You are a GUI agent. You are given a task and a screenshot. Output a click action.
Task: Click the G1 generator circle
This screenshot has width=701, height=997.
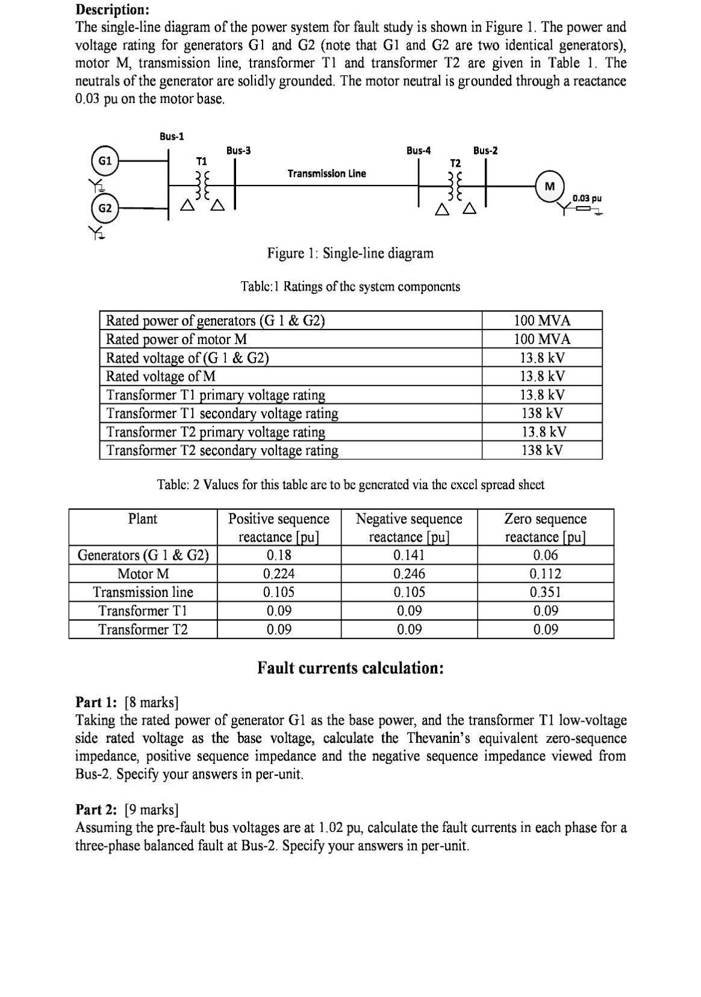click(x=105, y=161)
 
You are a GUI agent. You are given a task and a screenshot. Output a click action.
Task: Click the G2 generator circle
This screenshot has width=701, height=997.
click(x=105, y=208)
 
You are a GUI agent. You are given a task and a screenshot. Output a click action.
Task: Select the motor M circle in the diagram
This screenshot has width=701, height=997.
click(x=549, y=186)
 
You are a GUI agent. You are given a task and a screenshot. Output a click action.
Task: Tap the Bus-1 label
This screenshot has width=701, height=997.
click(x=172, y=136)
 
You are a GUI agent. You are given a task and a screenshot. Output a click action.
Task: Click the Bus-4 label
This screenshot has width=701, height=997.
click(x=419, y=150)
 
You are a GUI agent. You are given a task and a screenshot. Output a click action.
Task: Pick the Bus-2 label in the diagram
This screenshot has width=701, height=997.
click(x=485, y=150)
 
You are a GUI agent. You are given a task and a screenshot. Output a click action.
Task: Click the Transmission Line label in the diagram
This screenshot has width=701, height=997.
click(x=326, y=173)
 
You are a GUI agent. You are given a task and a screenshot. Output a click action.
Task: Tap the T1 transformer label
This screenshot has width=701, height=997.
click(x=202, y=161)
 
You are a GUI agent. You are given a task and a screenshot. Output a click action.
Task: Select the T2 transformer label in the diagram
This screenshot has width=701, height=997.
click(x=455, y=163)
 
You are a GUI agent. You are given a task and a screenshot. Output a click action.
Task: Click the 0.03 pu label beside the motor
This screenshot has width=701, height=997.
click(x=587, y=198)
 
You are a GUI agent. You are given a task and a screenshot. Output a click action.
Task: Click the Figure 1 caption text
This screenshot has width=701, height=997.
click(x=350, y=253)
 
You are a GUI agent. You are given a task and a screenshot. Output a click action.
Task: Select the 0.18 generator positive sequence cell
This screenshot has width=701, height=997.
click(x=278, y=555)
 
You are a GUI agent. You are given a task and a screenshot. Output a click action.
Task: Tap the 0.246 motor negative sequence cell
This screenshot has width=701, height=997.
click(x=409, y=574)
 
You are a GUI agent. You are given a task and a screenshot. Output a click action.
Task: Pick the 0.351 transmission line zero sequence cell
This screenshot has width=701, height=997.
click(x=545, y=592)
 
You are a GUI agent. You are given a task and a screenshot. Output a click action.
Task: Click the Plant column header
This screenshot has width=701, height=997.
click(x=143, y=519)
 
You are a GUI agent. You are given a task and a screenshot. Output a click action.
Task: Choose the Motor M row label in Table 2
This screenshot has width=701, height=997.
click(x=143, y=574)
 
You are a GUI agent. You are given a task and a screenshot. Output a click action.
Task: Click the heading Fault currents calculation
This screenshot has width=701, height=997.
click(x=350, y=668)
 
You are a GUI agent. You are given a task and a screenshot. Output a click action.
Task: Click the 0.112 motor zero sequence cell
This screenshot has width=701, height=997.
click(x=545, y=574)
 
